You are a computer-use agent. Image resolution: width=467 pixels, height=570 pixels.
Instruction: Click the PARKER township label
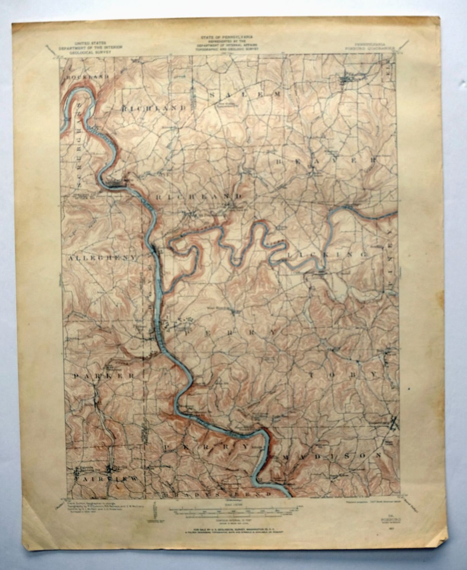104,376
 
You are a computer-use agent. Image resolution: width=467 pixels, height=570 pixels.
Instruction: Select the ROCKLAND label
88,77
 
